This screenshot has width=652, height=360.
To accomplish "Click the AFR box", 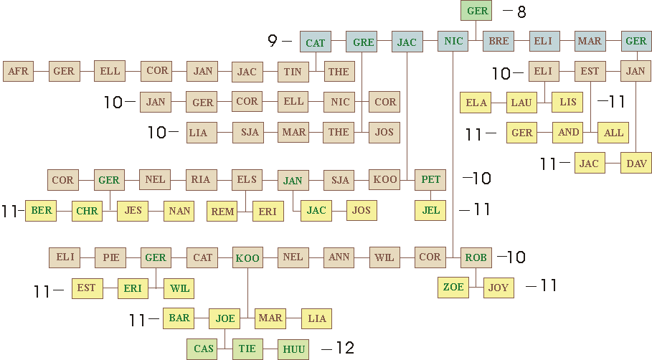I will [x=18, y=71].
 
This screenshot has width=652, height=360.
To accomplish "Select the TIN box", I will [x=293, y=71].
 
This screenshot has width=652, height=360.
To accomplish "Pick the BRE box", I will [x=499, y=41].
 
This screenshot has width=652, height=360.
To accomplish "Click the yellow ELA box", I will [x=476, y=103].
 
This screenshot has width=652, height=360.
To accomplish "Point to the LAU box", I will [x=521, y=103].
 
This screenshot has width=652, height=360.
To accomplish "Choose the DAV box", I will [x=636, y=164].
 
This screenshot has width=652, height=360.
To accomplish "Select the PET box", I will [x=430, y=179].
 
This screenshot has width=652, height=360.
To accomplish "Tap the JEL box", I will [x=430, y=210].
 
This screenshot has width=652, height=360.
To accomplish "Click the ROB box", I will [x=476, y=257].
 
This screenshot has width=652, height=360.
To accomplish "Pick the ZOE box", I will [x=453, y=287].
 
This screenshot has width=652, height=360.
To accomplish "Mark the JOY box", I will [x=499, y=288].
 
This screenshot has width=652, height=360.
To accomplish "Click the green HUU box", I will [x=293, y=349].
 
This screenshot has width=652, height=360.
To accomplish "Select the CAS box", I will [x=204, y=349].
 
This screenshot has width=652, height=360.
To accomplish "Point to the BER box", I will [x=41, y=211].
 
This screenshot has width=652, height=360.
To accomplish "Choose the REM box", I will [x=223, y=211].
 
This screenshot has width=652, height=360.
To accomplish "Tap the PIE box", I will [x=110, y=257].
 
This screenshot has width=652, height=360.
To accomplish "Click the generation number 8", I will [x=521, y=11].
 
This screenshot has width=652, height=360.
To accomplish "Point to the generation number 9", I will [x=273, y=41].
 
